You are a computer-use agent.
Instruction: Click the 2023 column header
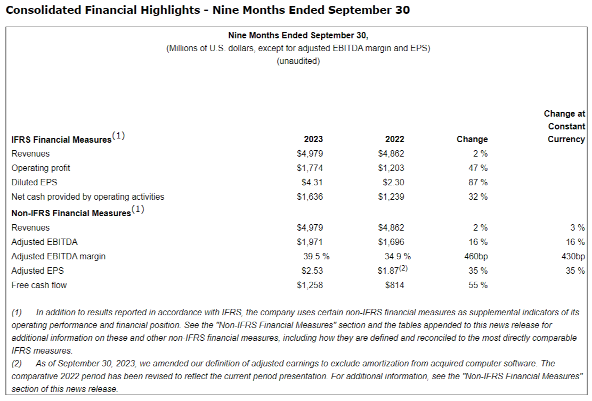(313, 140)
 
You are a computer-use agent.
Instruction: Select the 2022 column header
(394, 140)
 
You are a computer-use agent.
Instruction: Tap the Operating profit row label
(41, 168)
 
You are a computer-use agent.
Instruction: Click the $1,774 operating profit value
(310, 168)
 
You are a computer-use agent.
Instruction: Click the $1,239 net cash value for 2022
(391, 197)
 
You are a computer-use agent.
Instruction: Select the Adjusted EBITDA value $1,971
(310, 242)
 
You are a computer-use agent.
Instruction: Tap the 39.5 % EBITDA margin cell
(317, 256)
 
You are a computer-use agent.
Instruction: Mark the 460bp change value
(476, 256)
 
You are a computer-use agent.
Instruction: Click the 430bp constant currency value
(573, 256)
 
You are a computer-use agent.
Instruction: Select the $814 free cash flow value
(394, 285)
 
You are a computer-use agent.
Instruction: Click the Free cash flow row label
(39, 285)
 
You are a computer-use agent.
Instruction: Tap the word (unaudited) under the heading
(298, 61)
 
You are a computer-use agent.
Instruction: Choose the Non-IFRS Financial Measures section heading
(71, 212)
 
